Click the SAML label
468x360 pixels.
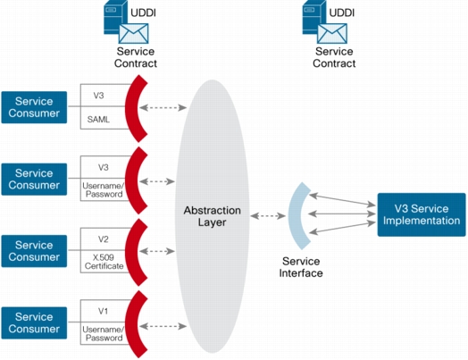coord(98,120)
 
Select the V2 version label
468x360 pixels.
coord(104,239)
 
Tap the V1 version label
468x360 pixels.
coord(103,311)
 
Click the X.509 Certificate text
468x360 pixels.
coord(104,262)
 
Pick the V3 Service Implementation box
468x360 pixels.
coord(422,214)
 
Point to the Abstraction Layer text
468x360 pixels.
coord(213,216)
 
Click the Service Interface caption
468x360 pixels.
coord(301,267)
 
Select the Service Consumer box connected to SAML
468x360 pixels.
coord(34,107)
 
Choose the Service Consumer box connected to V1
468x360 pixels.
coord(34,322)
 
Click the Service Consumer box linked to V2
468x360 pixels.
coord(34,251)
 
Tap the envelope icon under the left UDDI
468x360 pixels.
coord(133,33)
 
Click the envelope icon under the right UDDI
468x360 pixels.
coord(332,33)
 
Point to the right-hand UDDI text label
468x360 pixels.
coord(342,13)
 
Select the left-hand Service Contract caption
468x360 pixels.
coord(136,57)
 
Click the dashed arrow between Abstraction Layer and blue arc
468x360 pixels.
coord(268,215)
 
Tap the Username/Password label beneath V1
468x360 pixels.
coord(103,333)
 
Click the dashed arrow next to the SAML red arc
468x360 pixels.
coord(163,107)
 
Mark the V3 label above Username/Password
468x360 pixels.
coord(104,167)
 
